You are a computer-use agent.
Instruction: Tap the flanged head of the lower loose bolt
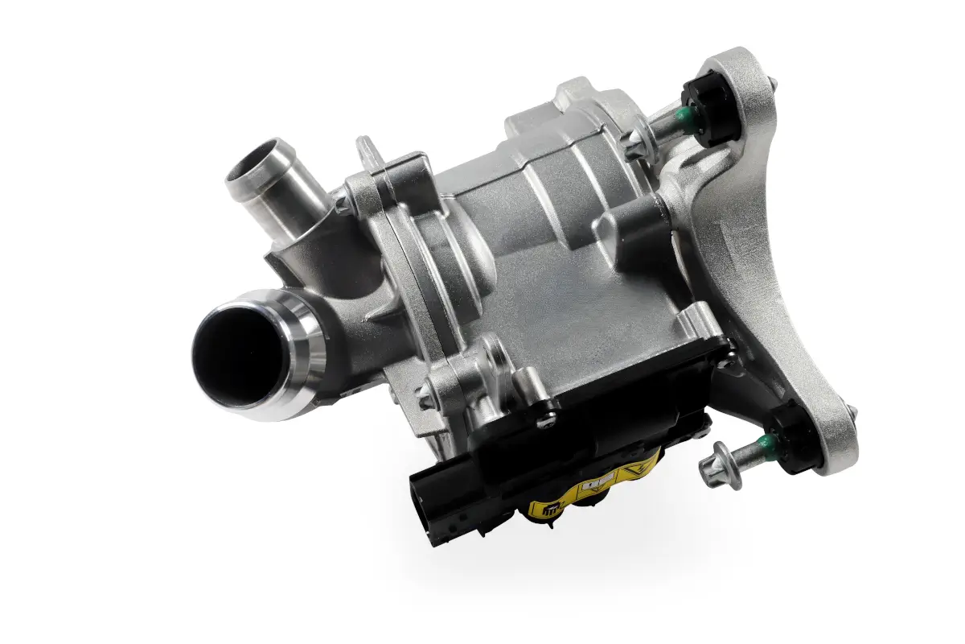tap(713, 465)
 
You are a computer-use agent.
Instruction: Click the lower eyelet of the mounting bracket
tap(836, 427)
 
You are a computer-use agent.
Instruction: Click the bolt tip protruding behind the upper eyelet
tap(771, 80)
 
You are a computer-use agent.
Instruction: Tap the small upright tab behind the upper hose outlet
tap(366, 150)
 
